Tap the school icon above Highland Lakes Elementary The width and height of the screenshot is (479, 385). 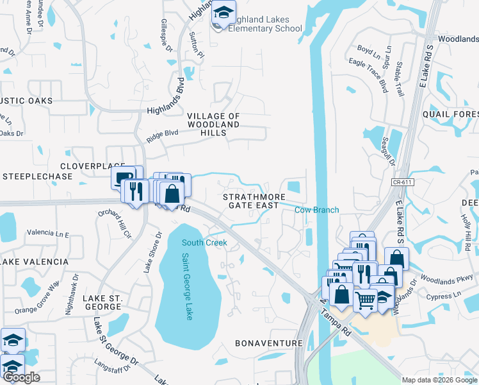pyautogui.click(x=224, y=12)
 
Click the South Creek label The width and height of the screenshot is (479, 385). pyautogui.click(x=204, y=243)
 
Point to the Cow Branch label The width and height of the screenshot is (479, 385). pyautogui.click(x=316, y=210)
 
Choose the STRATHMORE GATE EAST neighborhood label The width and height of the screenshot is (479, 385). pyautogui.click(x=251, y=200)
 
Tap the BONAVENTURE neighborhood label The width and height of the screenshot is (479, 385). pyautogui.click(x=268, y=343)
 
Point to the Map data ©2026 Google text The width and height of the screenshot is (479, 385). pyautogui.click(x=439, y=379)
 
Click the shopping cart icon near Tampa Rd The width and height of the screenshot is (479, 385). pyautogui.click(x=364, y=299)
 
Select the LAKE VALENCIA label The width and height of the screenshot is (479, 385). pyautogui.click(x=35, y=262)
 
